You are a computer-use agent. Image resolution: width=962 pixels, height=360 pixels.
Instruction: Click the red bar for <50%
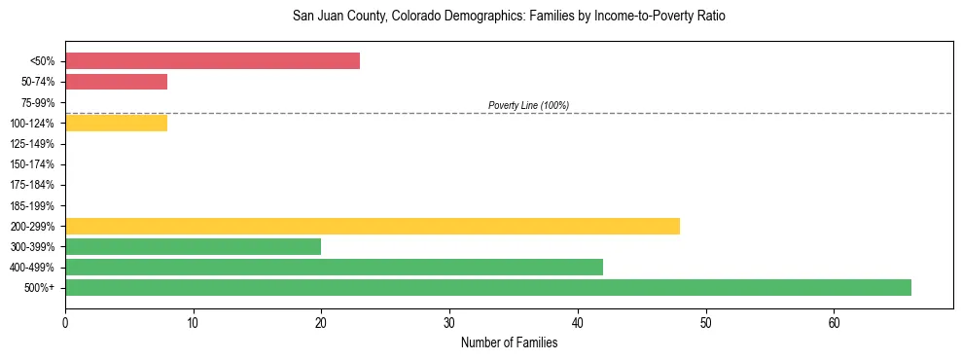pyautogui.click(x=212, y=61)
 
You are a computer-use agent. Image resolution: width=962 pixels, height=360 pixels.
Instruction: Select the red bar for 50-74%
pyautogui.click(x=116, y=82)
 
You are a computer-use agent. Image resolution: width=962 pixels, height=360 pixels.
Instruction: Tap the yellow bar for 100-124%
pyautogui.click(x=116, y=123)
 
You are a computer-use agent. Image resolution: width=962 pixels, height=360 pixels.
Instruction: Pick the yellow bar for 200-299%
pyautogui.click(x=373, y=226)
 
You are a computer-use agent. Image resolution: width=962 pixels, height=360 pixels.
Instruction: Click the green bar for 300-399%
pyautogui.click(x=193, y=246)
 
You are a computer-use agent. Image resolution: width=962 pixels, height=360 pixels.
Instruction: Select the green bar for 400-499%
pyautogui.click(x=334, y=267)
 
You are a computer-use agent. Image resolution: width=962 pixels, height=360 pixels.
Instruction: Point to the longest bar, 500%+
pyautogui.click(x=487, y=287)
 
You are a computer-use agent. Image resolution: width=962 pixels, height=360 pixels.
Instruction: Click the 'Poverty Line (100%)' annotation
pyautogui.click(x=528, y=105)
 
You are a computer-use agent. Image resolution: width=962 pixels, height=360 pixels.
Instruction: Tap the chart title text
pyautogui.click(x=509, y=17)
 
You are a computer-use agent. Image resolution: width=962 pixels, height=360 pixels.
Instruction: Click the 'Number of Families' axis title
pyautogui.click(x=509, y=342)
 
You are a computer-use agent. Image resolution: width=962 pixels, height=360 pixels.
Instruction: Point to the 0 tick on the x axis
pyautogui.click(x=65, y=322)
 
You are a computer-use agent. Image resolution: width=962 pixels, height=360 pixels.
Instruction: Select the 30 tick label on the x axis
pyautogui.click(x=449, y=322)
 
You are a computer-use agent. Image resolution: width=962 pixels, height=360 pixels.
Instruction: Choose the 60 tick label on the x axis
pyautogui.click(x=834, y=322)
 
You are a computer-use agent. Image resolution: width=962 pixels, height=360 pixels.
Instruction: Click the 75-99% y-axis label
pyautogui.click(x=38, y=102)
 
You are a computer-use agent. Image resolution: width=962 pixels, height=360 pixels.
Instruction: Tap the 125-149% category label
pyautogui.click(x=32, y=143)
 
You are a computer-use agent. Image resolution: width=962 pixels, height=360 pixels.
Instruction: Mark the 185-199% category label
pyautogui.click(x=32, y=205)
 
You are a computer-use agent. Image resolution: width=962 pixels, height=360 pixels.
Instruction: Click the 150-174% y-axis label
pyautogui.click(x=32, y=164)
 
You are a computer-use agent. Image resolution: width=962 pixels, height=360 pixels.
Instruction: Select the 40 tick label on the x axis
pyautogui.click(x=578, y=322)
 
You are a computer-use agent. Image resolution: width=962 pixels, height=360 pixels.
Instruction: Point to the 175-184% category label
pyautogui.click(x=32, y=185)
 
